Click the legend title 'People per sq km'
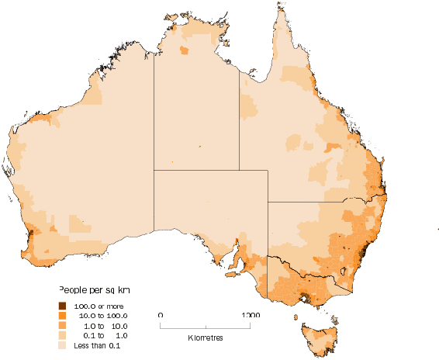coord(95,289)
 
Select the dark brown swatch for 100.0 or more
coord(62,306)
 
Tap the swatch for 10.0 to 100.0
coord(62,316)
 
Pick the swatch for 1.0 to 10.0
coord(62,326)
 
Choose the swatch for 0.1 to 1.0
coord(62,335)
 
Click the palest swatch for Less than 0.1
coord(62,345)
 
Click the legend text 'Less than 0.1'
coord(97,345)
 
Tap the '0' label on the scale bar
coord(160,315)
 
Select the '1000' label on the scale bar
coord(250,315)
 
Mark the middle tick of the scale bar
coord(206,325)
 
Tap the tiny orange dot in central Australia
coord(199,146)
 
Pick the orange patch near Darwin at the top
coord(184,50)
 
